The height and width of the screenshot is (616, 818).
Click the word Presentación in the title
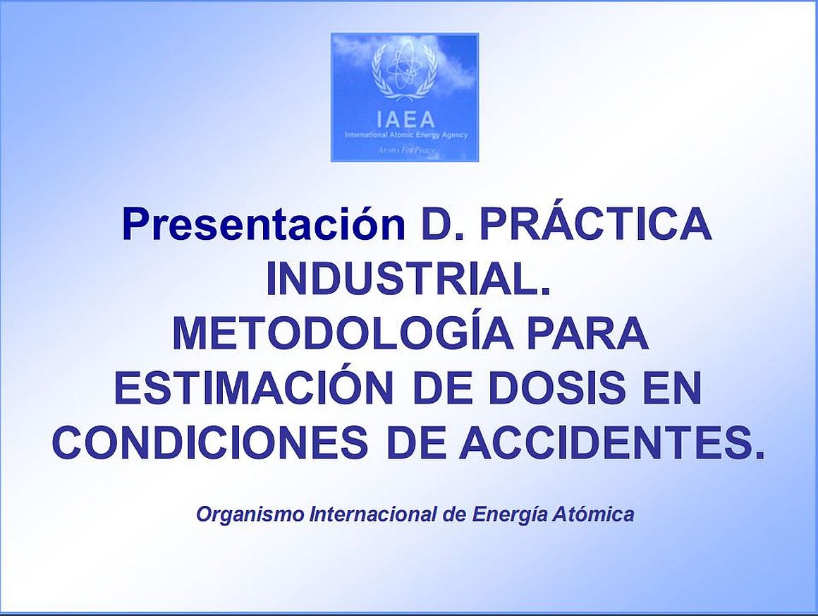click(x=264, y=224)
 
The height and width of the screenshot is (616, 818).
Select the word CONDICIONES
click(x=211, y=442)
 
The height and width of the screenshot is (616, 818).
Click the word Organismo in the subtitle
click(x=250, y=514)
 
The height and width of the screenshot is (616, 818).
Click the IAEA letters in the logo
click(x=405, y=119)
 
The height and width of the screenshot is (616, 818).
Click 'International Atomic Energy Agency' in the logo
click(x=406, y=135)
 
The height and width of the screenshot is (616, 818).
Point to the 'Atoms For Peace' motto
click(x=406, y=151)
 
